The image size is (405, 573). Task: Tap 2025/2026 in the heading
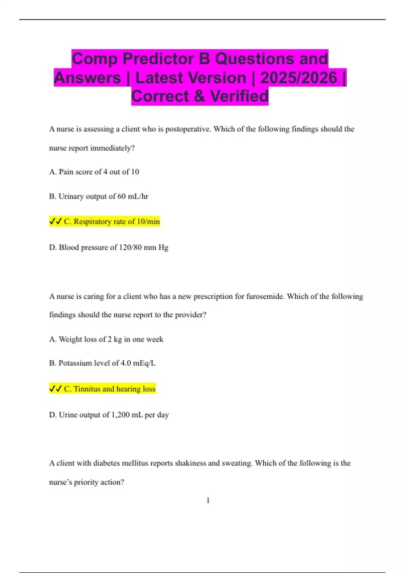point(298,78)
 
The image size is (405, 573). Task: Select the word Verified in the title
point(239,96)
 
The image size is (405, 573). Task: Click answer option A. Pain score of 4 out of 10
point(94,172)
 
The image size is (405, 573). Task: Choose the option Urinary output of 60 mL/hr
point(99,197)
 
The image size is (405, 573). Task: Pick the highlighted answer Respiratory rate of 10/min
point(112,221)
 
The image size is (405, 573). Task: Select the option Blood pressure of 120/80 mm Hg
point(109,247)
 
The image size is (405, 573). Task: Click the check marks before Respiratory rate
point(55,221)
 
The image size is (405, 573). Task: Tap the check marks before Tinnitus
point(55,389)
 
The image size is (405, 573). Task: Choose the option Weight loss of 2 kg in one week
point(106,339)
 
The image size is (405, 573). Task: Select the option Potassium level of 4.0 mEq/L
point(102,363)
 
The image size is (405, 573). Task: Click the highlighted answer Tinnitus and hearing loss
point(110,389)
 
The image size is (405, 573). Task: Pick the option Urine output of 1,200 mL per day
point(109,415)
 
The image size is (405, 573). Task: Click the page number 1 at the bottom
point(208,501)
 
